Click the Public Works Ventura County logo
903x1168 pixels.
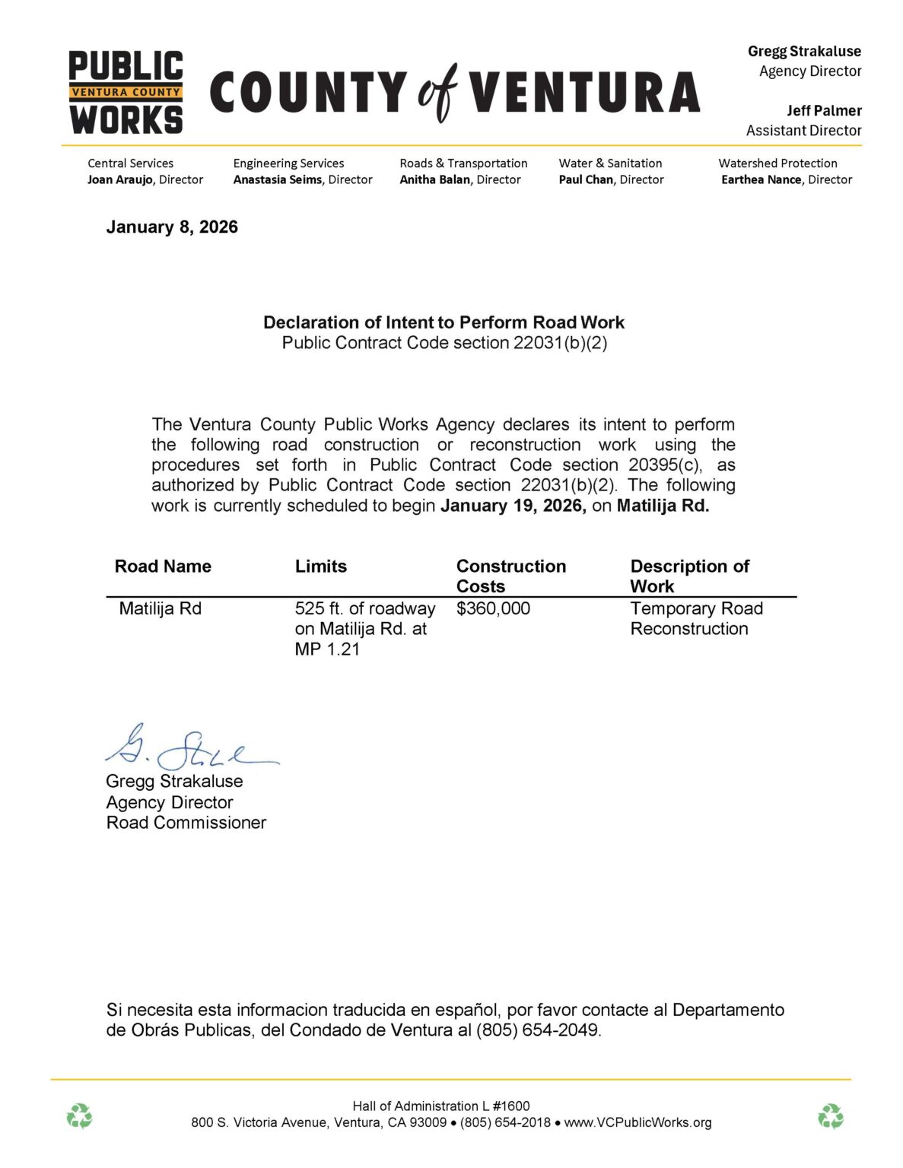coord(126,93)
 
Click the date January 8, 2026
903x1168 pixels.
coord(172,227)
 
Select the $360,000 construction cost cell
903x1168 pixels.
coord(493,608)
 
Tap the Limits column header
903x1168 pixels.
coord(320,567)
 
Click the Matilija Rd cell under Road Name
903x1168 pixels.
coord(160,608)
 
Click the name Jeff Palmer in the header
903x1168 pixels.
coord(824,111)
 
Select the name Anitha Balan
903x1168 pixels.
coord(434,180)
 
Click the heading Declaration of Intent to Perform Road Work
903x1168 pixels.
coord(444,322)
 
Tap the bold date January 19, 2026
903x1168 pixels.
coord(513,506)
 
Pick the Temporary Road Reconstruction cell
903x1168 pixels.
coord(695,618)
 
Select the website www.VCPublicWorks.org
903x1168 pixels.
coord(638,1122)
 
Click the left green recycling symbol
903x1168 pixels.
coord(79,1116)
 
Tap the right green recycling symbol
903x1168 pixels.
coord(830,1116)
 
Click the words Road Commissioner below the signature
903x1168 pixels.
coord(186,823)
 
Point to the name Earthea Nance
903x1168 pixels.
coord(761,180)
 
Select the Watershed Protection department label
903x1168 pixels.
coord(777,163)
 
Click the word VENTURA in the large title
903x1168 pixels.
coord(583,93)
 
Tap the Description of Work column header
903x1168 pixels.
coord(688,576)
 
